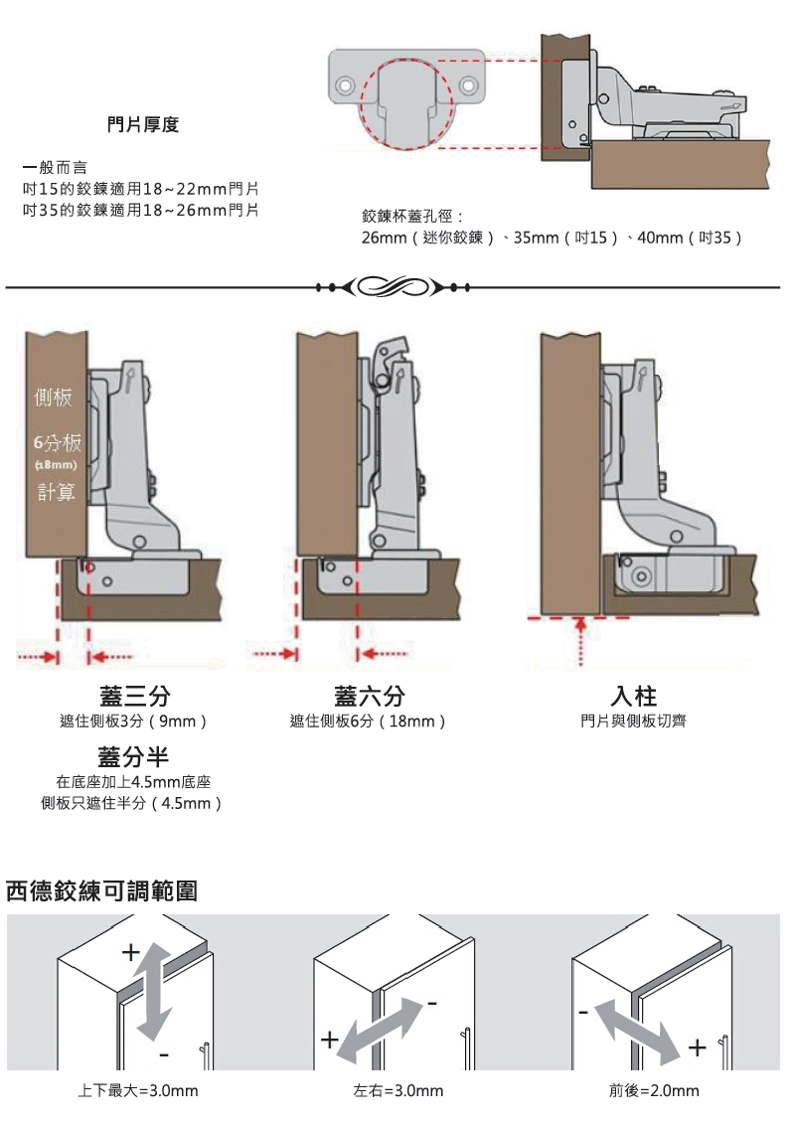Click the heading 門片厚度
pyautogui.click(x=143, y=125)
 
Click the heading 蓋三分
pyautogui.click(x=135, y=696)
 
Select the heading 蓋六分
pyautogui.click(x=370, y=696)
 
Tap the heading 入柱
pyautogui.click(x=633, y=696)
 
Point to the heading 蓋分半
pyautogui.click(x=133, y=757)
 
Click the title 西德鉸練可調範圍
pyautogui.click(x=101, y=891)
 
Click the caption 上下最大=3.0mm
pyautogui.click(x=138, y=1090)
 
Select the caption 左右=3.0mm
pyautogui.click(x=398, y=1090)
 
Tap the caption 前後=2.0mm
pyautogui.click(x=654, y=1090)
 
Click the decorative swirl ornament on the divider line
pyautogui.click(x=393, y=287)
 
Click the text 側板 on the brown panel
pyautogui.click(x=54, y=398)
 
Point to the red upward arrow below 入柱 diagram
pyautogui.click(x=581, y=642)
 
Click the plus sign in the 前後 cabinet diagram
pyautogui.click(x=697, y=1047)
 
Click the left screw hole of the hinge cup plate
pyautogui.click(x=345, y=85)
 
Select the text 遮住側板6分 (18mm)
pyautogui.click(x=368, y=722)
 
